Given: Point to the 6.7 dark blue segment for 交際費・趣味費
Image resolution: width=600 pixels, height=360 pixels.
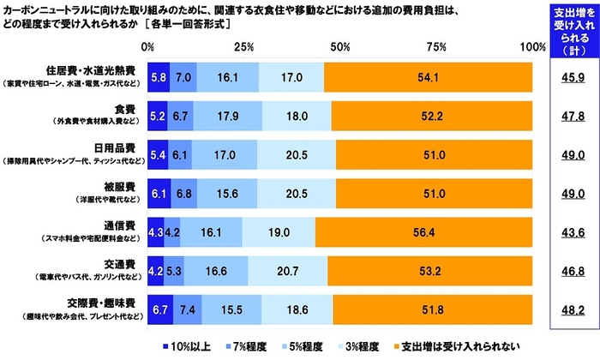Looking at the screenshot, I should point(160,308).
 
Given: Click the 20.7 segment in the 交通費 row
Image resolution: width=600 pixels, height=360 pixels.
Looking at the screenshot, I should point(287,269).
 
